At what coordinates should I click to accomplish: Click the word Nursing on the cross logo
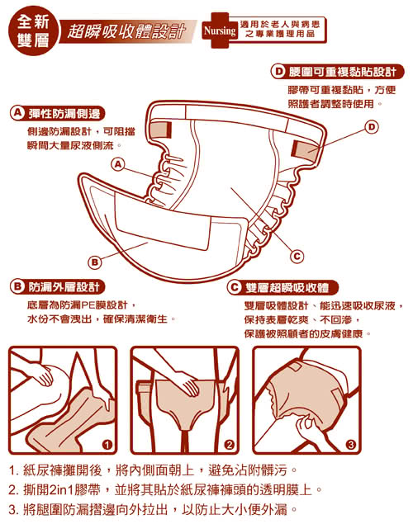(220, 31)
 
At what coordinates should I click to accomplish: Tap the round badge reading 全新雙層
(33, 31)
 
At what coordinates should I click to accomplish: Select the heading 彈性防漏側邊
(64, 114)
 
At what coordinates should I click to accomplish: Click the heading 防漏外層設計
(64, 287)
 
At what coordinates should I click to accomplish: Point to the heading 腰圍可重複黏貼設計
(343, 72)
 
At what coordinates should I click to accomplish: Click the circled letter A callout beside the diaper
(118, 164)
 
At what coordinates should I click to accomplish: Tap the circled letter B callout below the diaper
(95, 262)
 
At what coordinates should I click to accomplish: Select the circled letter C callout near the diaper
(297, 257)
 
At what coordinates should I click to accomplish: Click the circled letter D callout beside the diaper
(372, 127)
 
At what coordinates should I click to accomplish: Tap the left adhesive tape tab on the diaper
(161, 130)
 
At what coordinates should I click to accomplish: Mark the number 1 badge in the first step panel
(107, 445)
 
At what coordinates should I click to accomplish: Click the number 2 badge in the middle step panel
(229, 445)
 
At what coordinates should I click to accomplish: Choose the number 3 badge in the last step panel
(351, 445)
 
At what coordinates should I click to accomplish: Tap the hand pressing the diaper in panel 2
(188, 384)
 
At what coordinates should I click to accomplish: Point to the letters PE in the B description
(88, 305)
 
